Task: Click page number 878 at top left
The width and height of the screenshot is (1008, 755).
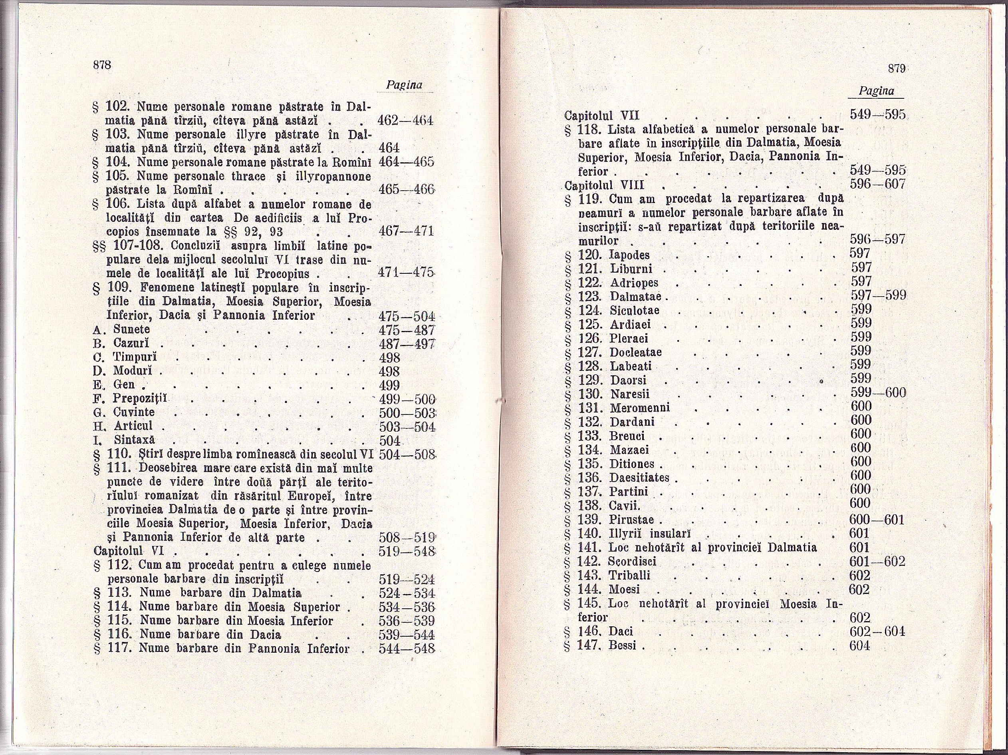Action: point(102,65)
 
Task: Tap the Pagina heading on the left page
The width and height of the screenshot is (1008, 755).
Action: point(404,85)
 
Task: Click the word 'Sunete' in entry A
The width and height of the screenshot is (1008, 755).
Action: point(132,329)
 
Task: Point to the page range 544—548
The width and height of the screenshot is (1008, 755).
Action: point(407,648)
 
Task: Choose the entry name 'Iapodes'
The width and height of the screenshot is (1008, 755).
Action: point(629,255)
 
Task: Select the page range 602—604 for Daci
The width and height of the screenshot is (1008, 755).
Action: point(877,632)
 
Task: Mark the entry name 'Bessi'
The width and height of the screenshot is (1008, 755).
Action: point(622,645)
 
